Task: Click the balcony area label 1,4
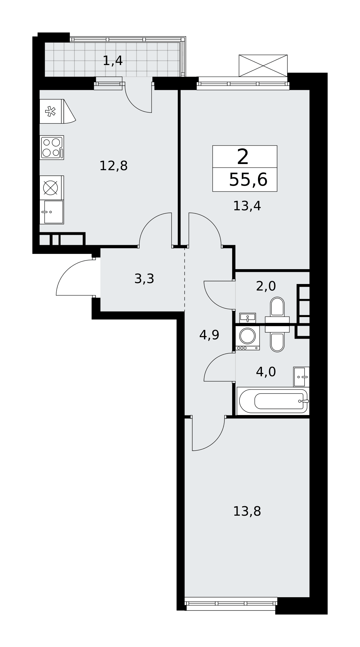point(113,61)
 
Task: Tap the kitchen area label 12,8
point(113,166)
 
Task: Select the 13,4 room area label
point(247,206)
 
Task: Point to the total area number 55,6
point(248,180)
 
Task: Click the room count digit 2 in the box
point(243,157)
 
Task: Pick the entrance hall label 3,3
point(144,279)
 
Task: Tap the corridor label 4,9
point(209,335)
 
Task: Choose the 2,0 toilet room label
point(266,286)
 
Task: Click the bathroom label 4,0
point(266,372)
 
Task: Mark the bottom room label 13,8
point(247,511)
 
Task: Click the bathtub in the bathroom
point(273,401)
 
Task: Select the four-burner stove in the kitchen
point(52,148)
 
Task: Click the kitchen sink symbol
point(52,212)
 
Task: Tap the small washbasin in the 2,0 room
point(248,318)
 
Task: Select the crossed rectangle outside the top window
point(263,66)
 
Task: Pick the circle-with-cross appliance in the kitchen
point(51,188)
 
